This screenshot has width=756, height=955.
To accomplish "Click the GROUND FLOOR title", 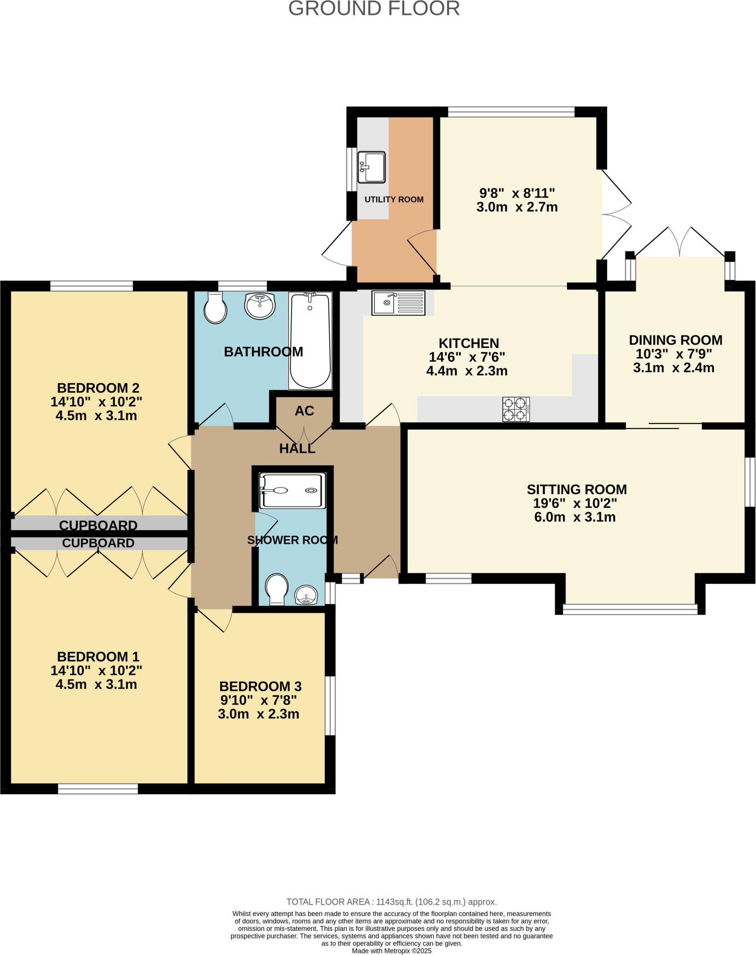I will (x=374, y=8).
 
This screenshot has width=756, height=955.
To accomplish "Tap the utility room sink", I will (x=371, y=167).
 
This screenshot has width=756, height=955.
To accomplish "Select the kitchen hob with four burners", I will (x=516, y=409).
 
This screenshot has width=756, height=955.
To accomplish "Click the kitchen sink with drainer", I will (x=398, y=303).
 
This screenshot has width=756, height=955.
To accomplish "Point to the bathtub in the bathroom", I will (x=310, y=340).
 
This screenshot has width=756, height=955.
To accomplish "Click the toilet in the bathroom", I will (x=215, y=307).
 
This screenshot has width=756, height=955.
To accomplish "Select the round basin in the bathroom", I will (x=259, y=306).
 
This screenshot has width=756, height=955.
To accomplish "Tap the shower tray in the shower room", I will (x=292, y=491).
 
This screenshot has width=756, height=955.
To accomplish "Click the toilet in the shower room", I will (x=277, y=589).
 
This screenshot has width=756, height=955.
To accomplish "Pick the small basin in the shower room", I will (x=306, y=595).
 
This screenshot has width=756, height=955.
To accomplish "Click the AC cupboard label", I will (x=304, y=411).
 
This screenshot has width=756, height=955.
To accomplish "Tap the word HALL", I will (x=297, y=449).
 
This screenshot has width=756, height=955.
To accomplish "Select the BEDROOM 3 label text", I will (x=260, y=686).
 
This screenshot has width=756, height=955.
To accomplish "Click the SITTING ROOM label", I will (x=576, y=489).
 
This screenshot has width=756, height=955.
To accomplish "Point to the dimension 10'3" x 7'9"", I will (x=673, y=354).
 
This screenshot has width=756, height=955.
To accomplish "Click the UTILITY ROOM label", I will (x=394, y=200).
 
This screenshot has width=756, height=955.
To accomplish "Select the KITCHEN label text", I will (x=469, y=343).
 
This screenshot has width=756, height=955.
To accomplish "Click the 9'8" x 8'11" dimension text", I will (x=517, y=193).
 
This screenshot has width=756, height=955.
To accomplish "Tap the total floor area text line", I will (x=391, y=902).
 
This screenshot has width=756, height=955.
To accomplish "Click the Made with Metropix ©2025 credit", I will (x=391, y=951).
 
